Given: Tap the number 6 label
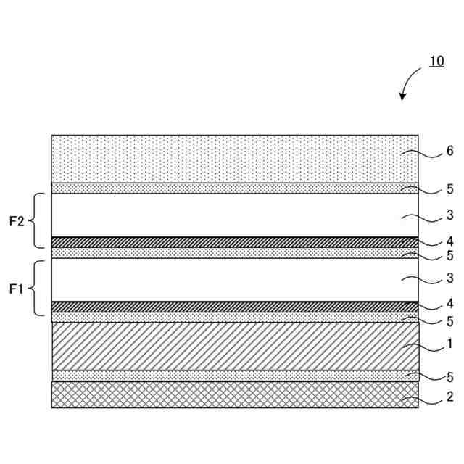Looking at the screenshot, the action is point(449,152).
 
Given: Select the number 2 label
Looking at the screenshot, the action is point(449,397).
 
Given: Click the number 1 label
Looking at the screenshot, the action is point(449,344).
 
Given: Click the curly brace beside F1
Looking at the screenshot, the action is point(36,289).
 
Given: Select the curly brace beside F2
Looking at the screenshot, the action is point(36,221).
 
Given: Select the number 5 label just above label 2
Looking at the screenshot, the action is point(449,377).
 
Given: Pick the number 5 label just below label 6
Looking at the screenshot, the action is point(449,189).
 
